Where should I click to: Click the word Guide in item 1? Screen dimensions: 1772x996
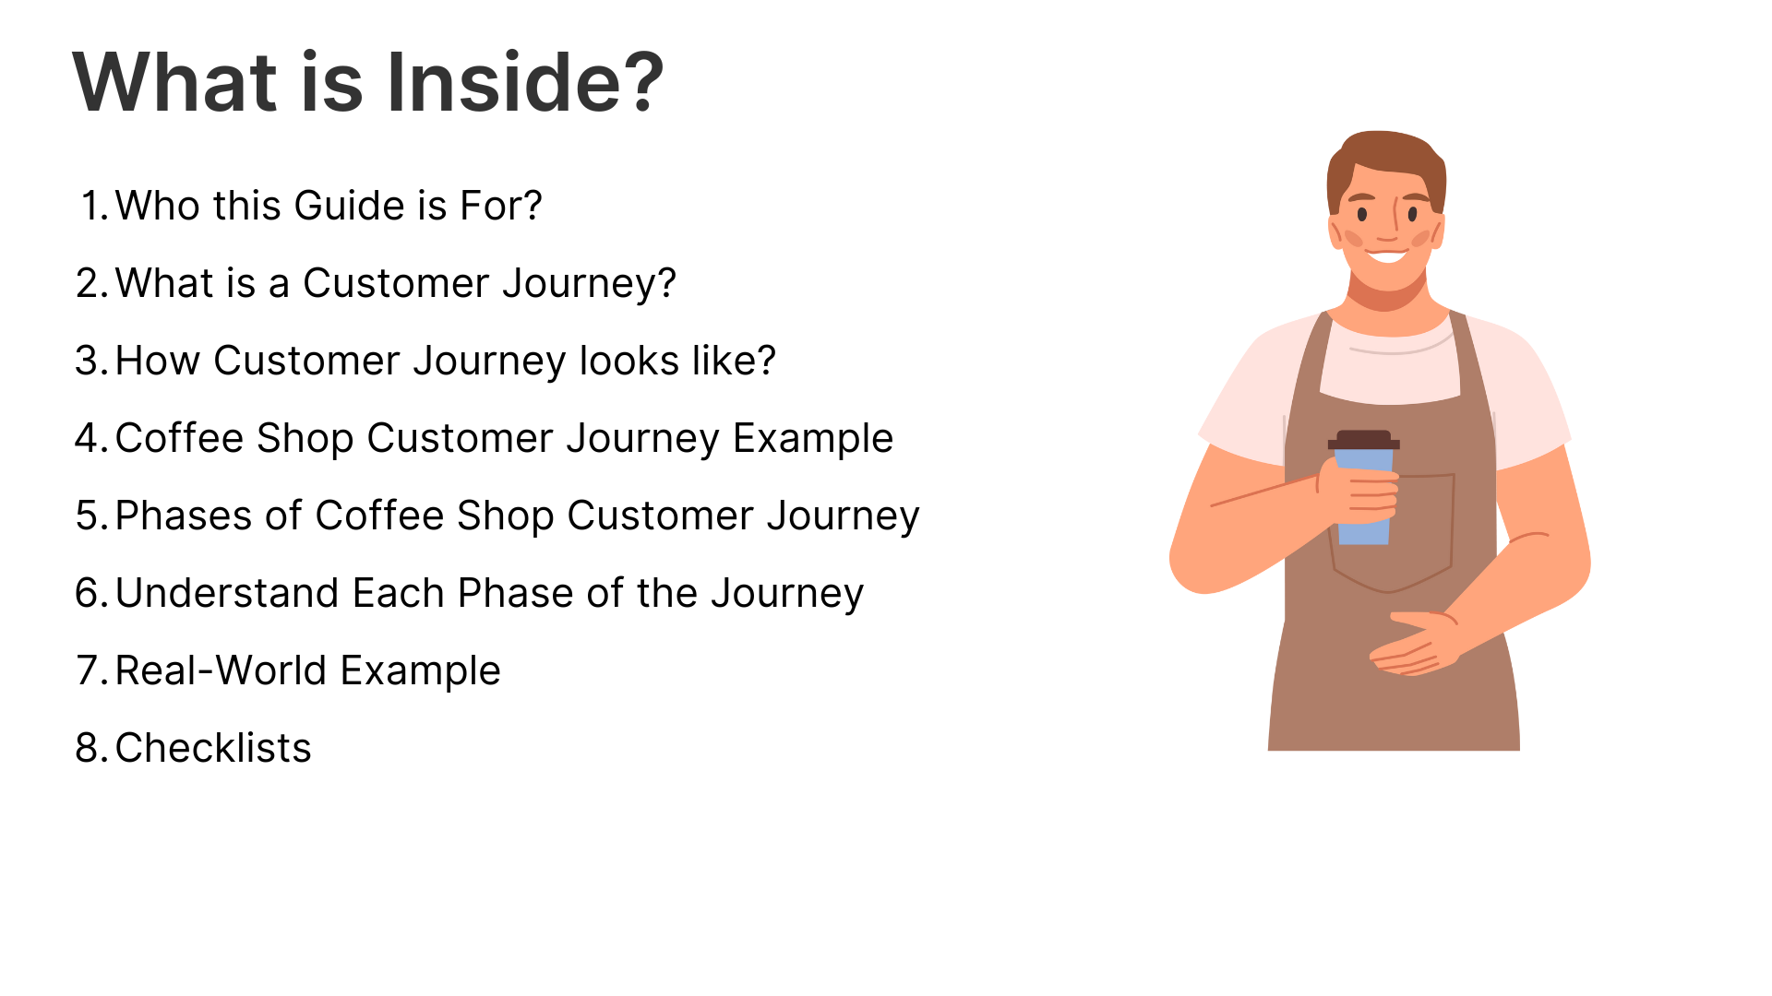(349, 206)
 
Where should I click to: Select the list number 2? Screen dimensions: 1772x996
(92, 283)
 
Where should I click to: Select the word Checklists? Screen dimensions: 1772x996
(213, 748)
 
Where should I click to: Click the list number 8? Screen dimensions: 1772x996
(92, 748)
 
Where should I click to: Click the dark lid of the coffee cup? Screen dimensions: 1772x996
(1364, 440)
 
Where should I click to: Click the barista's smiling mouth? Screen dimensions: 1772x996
(1387, 254)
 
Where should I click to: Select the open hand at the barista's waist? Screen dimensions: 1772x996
(1414, 644)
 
